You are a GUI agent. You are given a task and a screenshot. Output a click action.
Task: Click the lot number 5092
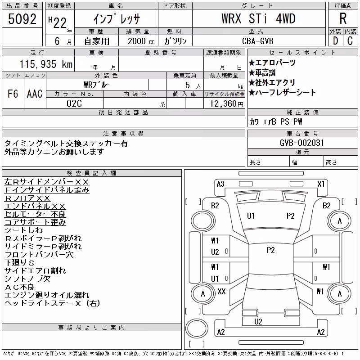click(22, 19)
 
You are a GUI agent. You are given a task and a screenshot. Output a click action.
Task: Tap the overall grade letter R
click(343, 18)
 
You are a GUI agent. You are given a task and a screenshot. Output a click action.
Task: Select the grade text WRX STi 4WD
click(258, 18)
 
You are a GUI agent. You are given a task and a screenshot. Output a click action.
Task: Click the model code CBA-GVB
click(258, 41)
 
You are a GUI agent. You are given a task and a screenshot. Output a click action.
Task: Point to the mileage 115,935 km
click(46, 64)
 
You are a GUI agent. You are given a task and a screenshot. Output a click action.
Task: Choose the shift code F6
click(13, 94)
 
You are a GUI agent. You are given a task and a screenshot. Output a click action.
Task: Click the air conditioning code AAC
click(35, 94)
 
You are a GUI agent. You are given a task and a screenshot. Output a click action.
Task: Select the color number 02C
click(74, 103)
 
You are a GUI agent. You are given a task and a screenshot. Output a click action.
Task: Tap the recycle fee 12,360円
click(226, 104)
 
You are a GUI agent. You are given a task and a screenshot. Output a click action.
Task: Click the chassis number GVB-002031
click(302, 143)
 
